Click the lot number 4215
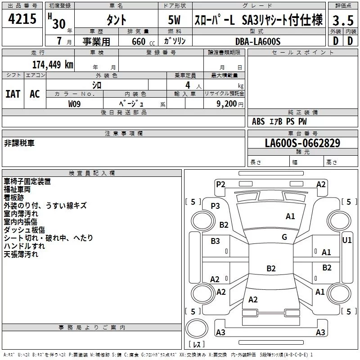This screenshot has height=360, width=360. point(22,19)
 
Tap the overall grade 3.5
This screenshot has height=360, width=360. point(343,20)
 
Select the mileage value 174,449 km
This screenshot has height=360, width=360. point(53,64)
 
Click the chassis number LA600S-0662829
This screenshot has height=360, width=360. point(302,143)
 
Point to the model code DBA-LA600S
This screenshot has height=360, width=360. point(258,41)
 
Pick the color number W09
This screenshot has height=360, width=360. point(74,104)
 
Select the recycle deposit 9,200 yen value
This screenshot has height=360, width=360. point(229,104)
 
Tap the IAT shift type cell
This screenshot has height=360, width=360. point(13,94)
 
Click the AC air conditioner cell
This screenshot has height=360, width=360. point(35,94)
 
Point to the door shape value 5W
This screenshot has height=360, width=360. point(174,20)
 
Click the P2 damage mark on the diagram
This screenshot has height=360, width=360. point(220,184)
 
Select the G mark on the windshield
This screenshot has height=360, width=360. point(284,237)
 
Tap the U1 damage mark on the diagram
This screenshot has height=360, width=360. point(346,240)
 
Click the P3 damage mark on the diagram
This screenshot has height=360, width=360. point(216,206)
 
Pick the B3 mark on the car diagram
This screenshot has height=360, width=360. point(215,241)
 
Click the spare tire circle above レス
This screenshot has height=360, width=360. point(197,328)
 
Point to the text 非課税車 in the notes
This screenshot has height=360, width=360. point(19,143)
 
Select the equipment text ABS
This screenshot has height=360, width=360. point(258,121)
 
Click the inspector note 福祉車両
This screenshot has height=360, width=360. point(17,189)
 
